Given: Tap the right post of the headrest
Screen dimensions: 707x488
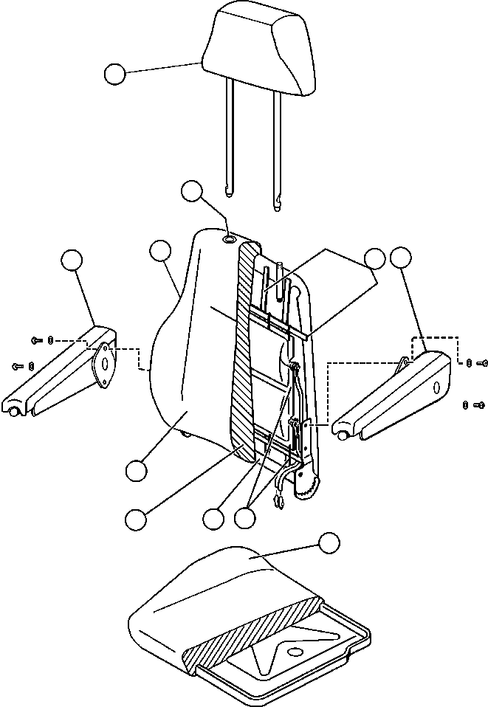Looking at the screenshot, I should click(278, 148).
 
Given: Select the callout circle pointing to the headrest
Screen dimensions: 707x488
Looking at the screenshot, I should click(114, 74).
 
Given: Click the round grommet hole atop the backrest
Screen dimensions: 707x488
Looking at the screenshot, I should click(230, 239).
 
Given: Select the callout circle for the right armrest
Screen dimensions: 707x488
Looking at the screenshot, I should click(401, 258).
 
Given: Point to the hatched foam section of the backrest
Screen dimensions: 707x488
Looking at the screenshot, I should click(243, 354).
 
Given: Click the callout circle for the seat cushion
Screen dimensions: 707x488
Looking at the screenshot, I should click(329, 543).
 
